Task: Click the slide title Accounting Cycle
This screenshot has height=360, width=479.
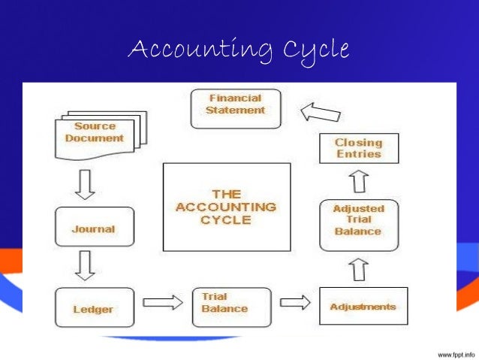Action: pyautogui.click(x=239, y=50)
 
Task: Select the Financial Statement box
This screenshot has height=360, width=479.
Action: pyautogui.click(x=235, y=104)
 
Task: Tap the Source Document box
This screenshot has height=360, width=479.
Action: pyautogui.click(x=100, y=132)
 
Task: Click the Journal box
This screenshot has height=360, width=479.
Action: pyautogui.click(x=94, y=228)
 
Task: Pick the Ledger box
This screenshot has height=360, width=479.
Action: pyautogui.click(x=94, y=307)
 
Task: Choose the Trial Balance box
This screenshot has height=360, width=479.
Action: pyautogui.click(x=224, y=304)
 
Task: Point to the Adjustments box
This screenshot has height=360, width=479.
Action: pyautogui.click(x=363, y=307)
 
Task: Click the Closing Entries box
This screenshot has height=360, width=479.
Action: pyautogui.click(x=358, y=148)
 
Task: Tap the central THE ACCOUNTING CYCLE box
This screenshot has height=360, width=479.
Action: pyautogui.click(x=227, y=207)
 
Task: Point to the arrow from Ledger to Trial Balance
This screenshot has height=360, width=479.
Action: pyautogui.click(x=162, y=302)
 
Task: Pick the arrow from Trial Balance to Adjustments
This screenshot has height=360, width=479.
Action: pyautogui.click(x=295, y=302)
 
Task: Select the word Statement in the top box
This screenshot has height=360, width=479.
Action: pyautogui.click(x=235, y=110)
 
